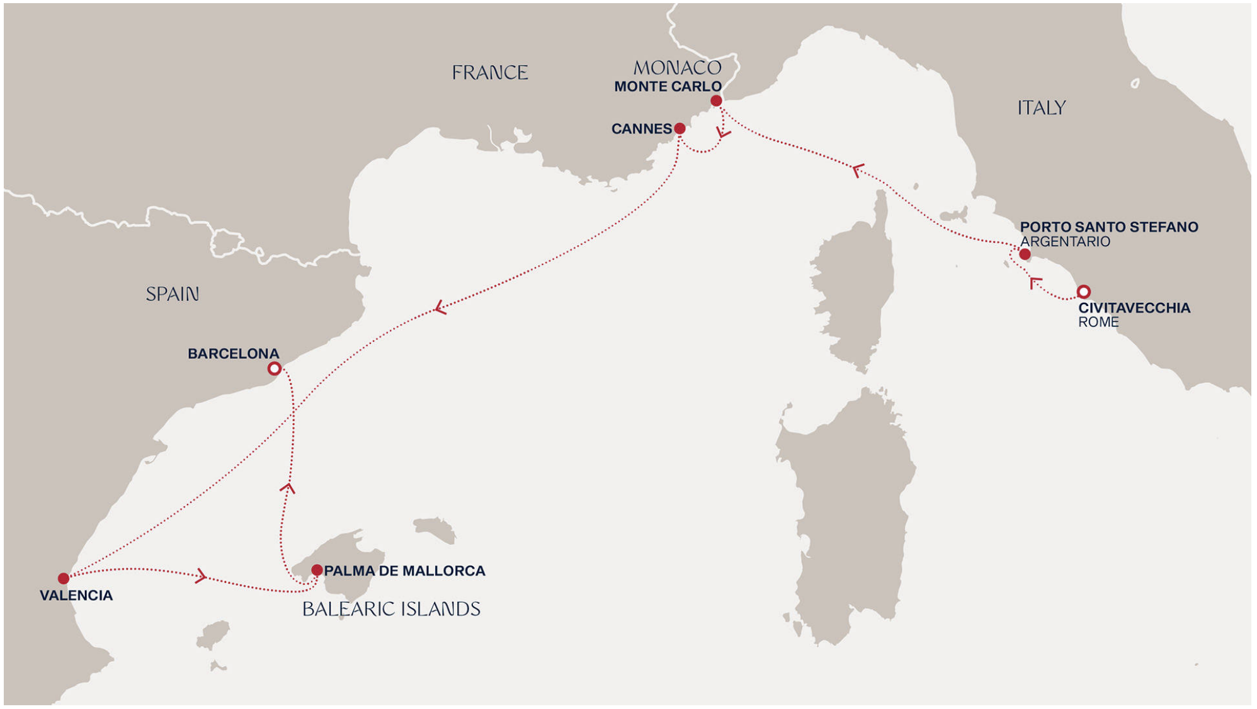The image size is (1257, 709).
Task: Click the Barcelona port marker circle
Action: [x=274, y=368]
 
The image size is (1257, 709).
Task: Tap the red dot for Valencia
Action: [x=64, y=578]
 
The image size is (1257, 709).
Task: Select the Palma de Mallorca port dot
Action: [x=317, y=570]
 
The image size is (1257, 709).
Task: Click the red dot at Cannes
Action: [x=680, y=128]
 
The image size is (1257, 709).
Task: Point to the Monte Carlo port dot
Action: [x=716, y=101]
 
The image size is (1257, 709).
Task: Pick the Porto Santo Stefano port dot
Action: [x=1025, y=254]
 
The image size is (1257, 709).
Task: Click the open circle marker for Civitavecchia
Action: [x=1083, y=292]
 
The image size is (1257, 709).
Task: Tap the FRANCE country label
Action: [x=490, y=73]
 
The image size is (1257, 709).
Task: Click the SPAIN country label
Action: [x=172, y=294]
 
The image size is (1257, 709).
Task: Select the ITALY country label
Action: [x=1041, y=108]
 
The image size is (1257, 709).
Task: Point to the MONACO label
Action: [x=677, y=67]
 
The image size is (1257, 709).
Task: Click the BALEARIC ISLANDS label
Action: [x=391, y=609]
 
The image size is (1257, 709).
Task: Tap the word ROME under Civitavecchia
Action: [x=1098, y=322]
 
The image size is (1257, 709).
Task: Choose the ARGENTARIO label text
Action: [x=1065, y=242]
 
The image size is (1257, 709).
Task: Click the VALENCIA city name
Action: [x=76, y=596]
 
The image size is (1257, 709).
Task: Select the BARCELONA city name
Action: [x=233, y=354]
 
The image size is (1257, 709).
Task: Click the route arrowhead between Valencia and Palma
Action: [x=201, y=576]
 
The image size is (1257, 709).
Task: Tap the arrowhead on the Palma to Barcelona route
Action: [x=288, y=487]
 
